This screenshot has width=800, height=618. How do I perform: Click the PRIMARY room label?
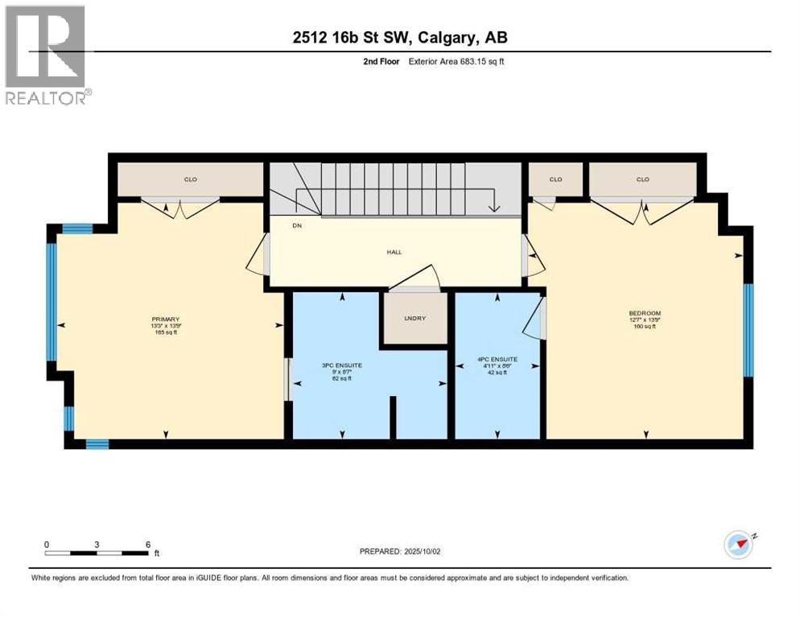click(x=164, y=319)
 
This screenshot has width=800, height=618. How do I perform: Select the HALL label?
click(x=394, y=252)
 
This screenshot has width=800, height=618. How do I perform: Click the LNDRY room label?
click(x=414, y=319)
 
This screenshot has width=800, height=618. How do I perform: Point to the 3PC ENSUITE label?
click(x=342, y=365)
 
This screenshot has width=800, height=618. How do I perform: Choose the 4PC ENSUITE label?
click(x=497, y=359)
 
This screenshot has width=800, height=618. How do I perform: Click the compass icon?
click(x=738, y=544)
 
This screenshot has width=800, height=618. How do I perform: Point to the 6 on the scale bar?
click(x=147, y=544)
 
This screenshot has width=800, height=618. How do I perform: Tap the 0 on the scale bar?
click(x=47, y=544)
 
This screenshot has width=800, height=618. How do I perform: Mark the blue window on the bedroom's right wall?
click(x=748, y=330)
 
